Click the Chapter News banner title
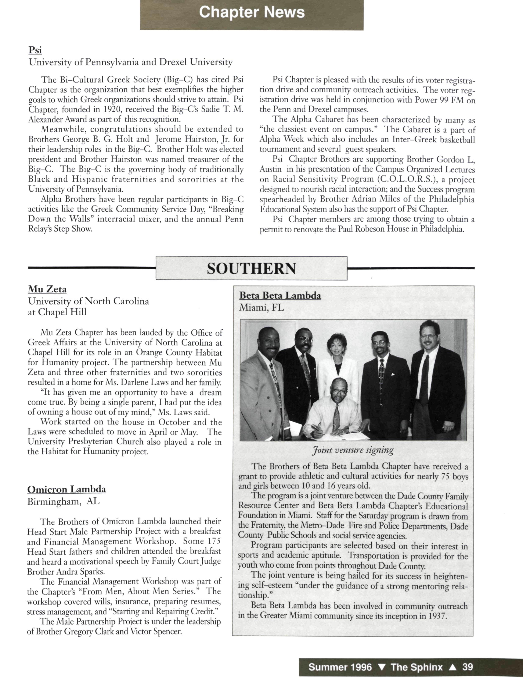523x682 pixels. point(252,13)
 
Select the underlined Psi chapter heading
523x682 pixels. point(35,50)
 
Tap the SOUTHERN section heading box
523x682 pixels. point(251,268)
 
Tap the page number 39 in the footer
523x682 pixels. point(468,667)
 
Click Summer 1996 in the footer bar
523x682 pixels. point(340,667)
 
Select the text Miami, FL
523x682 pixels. point(261,308)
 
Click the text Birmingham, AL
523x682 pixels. point(64,502)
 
